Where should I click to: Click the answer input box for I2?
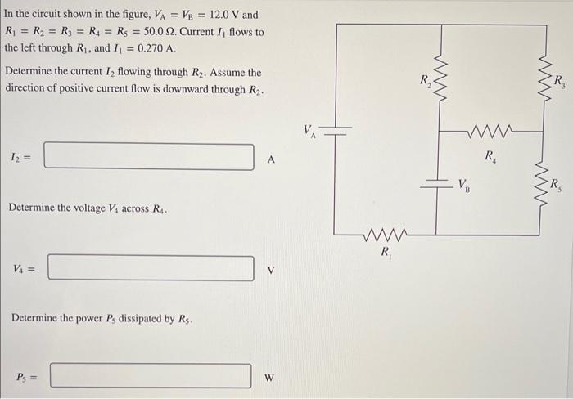tap(149, 156)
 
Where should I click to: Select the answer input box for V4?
tap(151, 268)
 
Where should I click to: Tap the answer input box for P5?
tap(151, 376)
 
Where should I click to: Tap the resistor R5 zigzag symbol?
tap(542, 182)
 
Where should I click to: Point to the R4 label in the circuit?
tap(490, 155)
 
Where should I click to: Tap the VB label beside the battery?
tap(464, 185)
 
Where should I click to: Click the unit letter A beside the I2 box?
tap(270, 160)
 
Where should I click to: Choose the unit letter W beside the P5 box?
tap(268, 379)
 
